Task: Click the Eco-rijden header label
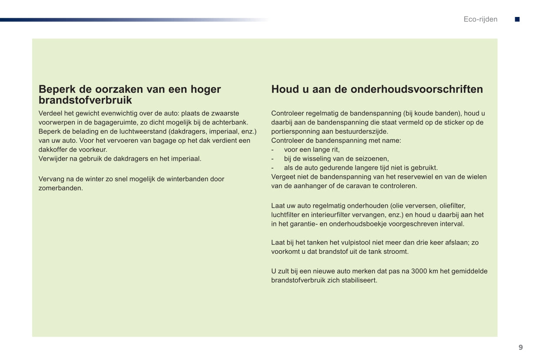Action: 480,19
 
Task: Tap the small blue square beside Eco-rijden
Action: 517,19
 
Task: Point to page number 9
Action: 520,347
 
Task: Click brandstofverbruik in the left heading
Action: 85,100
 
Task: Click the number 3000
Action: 419,271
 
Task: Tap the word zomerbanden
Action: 60,188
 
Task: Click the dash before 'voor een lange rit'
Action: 272,150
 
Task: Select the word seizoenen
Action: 372,159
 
